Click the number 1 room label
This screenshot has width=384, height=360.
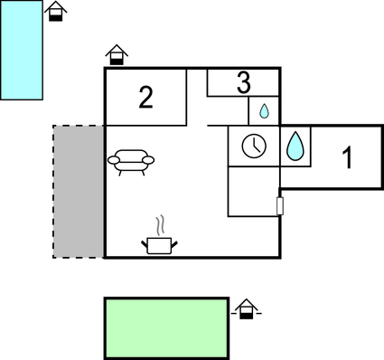[x=346, y=157]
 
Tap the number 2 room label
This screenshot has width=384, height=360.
[x=145, y=98]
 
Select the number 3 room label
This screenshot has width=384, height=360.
[x=243, y=83]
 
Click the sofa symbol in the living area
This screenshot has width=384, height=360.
[x=131, y=161]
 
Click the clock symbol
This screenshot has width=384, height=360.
[x=254, y=146]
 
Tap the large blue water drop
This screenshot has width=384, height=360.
[x=295, y=146]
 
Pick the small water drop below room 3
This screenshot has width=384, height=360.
[x=264, y=111]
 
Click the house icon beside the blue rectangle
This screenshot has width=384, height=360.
[x=56, y=11]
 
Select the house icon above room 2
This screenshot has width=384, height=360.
[x=116, y=55]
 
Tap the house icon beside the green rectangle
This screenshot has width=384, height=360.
[x=244, y=311]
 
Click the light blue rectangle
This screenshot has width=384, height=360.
[x=22, y=50]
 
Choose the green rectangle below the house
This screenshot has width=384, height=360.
[x=166, y=326]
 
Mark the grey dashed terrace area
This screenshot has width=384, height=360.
[x=78, y=191]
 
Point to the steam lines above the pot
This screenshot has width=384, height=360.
[x=161, y=224]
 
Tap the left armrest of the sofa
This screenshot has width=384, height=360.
[x=113, y=161]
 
